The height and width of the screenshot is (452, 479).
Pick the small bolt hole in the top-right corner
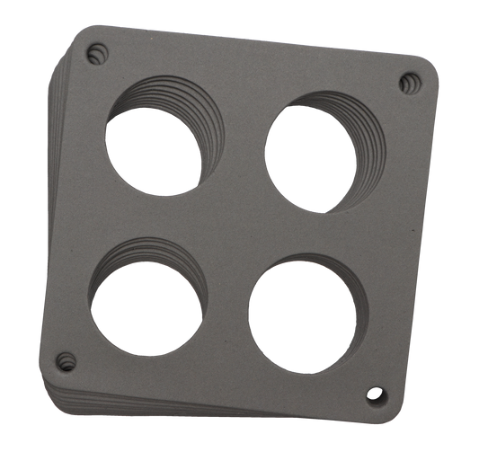pos(411,83)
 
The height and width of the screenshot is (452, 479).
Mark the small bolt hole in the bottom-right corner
pos(375,394)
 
